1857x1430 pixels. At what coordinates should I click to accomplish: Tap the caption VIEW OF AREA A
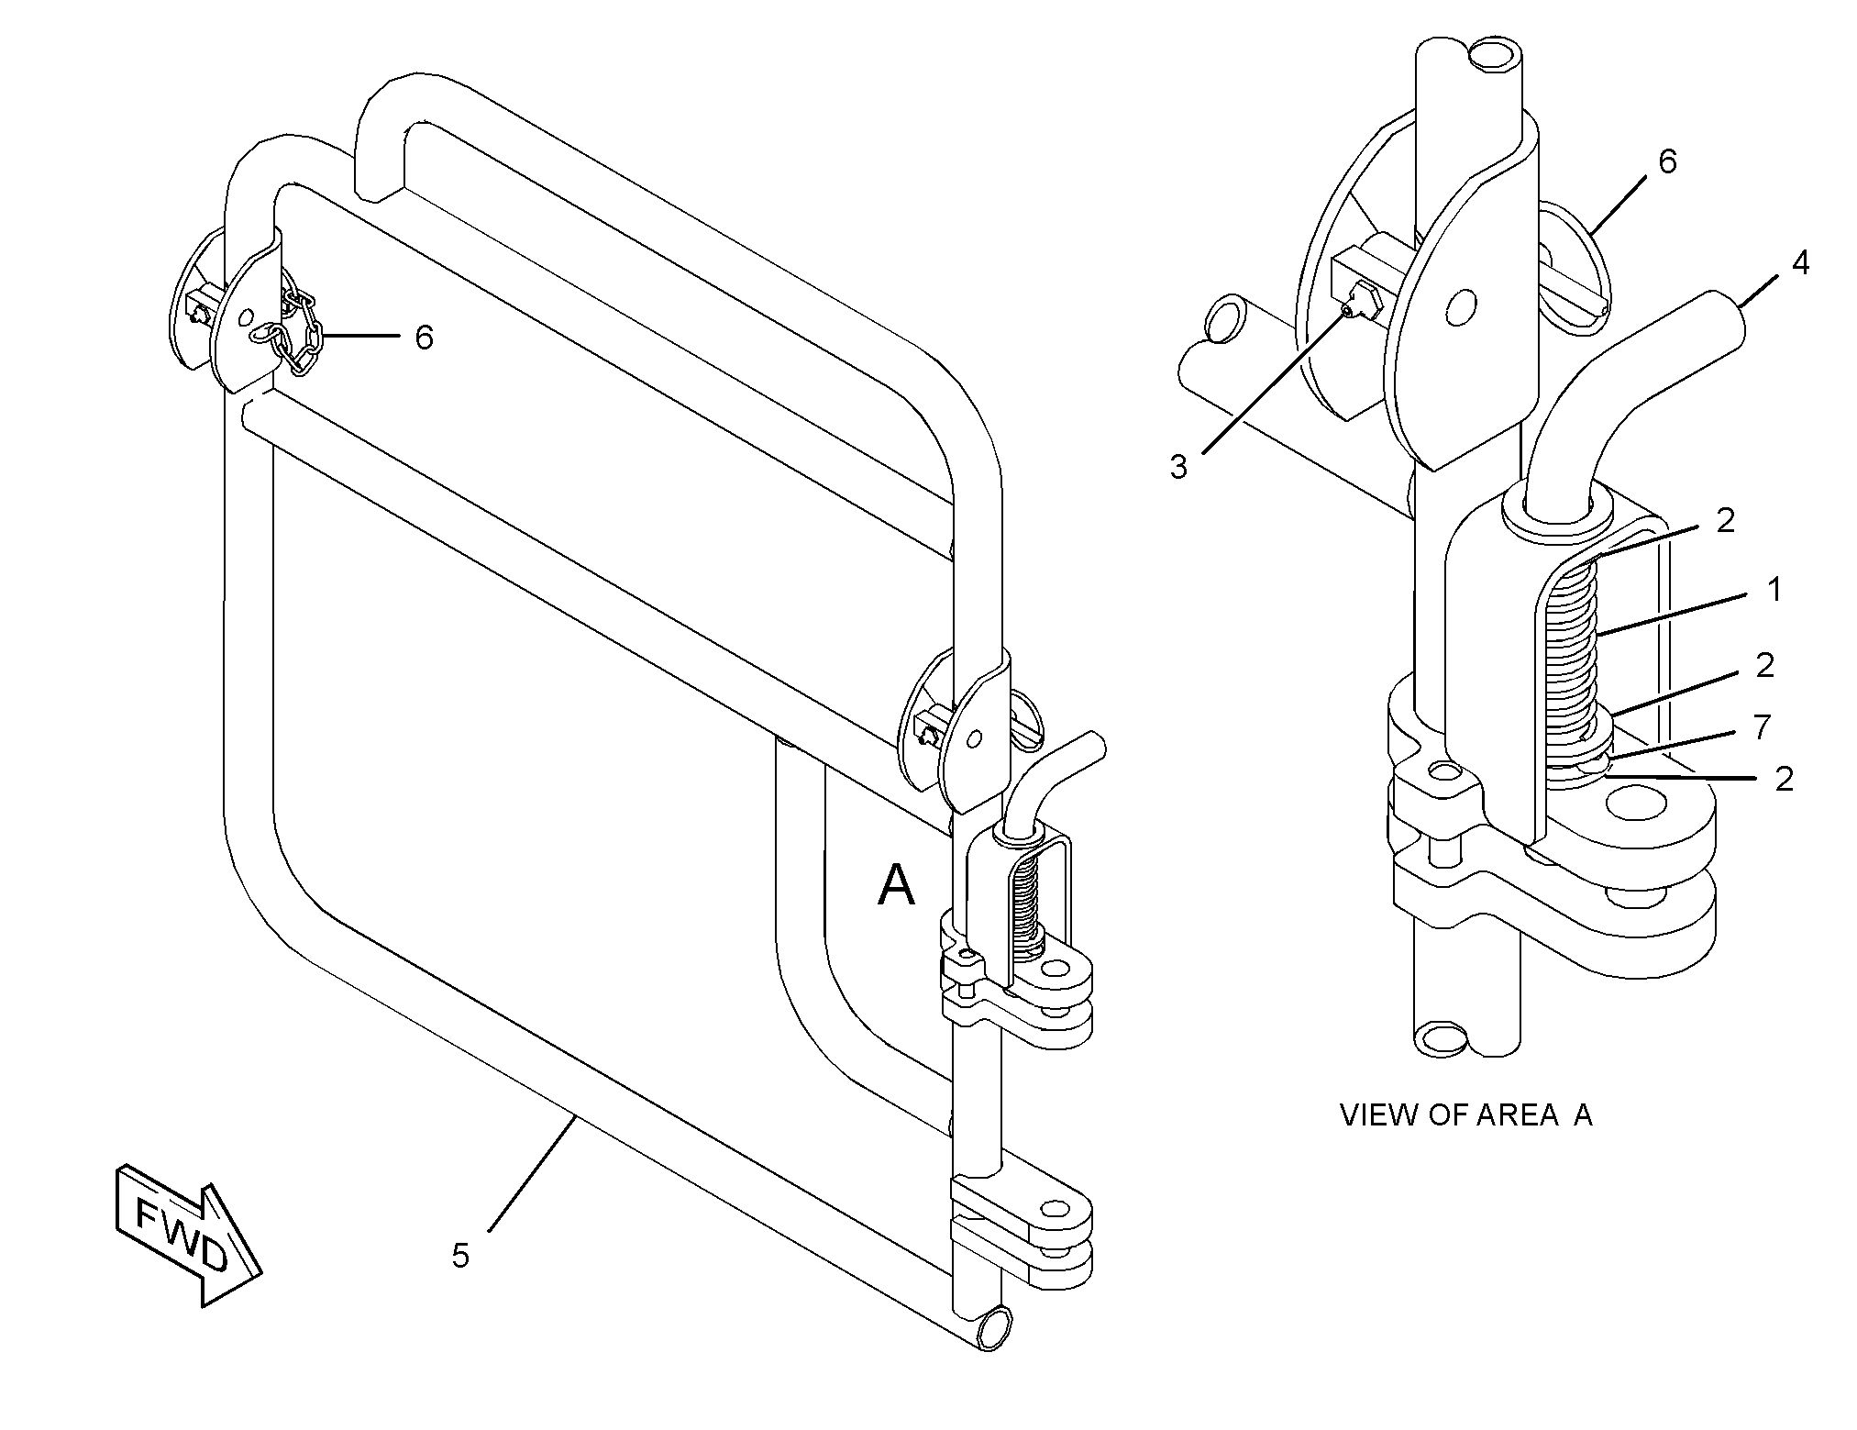1465,1114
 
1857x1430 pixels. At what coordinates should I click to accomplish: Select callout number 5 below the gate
460,1255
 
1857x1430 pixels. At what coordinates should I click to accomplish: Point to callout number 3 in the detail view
1178,467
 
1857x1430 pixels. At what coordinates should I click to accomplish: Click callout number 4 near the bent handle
1800,263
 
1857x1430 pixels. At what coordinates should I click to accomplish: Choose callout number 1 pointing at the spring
1774,590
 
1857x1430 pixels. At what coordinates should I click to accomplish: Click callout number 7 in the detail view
1762,726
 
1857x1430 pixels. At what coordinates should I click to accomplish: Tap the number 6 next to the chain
424,338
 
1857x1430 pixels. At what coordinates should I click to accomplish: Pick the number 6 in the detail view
1667,161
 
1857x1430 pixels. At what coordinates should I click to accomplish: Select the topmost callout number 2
1726,520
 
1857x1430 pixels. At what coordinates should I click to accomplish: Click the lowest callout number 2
1784,779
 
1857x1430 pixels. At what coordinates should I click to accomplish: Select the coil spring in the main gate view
1026,903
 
